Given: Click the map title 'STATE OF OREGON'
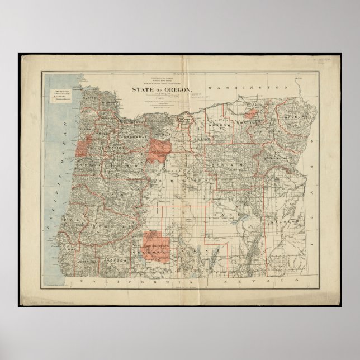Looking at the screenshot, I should click(162, 90).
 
